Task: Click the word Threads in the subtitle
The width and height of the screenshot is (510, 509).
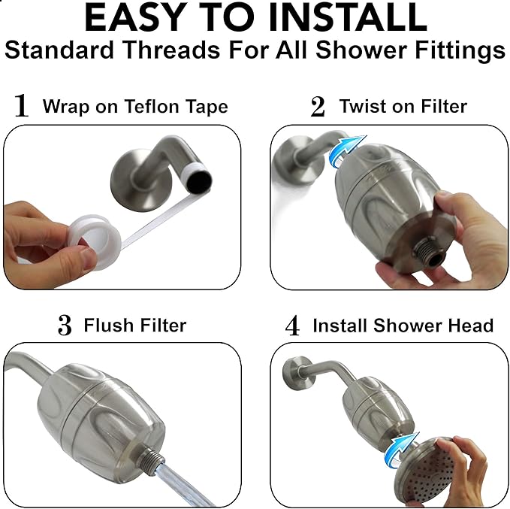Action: [205, 50]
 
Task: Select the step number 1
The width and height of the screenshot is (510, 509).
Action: [22, 106]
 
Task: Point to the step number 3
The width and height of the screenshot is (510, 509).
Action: [65, 326]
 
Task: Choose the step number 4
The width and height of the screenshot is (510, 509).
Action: [294, 326]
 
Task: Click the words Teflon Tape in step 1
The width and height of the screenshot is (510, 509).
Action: [184, 105]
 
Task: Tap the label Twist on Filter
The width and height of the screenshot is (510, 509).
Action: [403, 106]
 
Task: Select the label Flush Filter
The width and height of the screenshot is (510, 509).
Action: [135, 325]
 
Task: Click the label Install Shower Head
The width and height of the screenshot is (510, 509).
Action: [403, 326]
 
